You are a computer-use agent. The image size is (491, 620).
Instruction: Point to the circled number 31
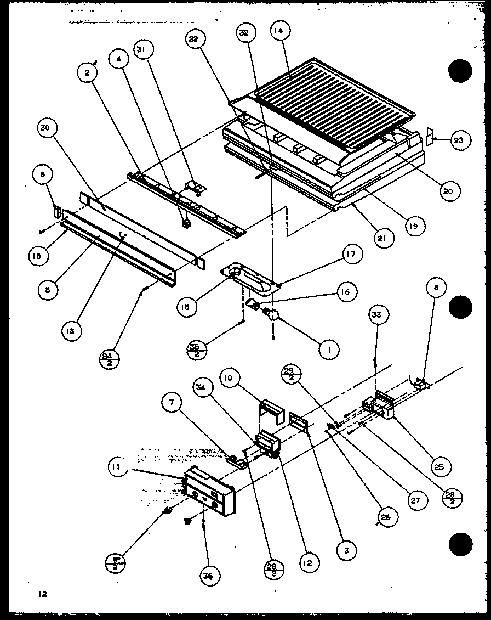(x=145, y=50)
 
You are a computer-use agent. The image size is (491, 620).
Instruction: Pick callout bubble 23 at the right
(x=457, y=140)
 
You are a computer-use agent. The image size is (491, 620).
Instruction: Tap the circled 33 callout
(x=376, y=315)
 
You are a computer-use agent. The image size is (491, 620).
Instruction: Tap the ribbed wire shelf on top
(x=323, y=104)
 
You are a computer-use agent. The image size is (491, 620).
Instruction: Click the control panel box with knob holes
(x=210, y=490)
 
